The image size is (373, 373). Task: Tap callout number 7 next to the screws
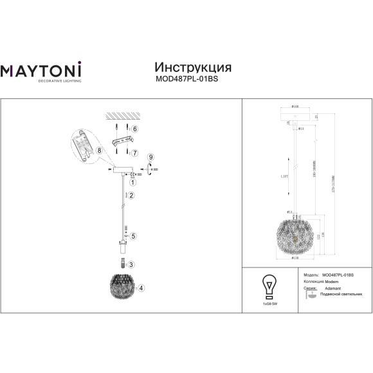pos(135,152)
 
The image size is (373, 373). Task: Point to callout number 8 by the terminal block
pos(99,150)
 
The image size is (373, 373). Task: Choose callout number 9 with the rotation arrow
pos(150,157)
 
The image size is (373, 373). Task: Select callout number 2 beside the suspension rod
pos(131,195)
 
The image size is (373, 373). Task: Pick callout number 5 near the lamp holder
pos(134,236)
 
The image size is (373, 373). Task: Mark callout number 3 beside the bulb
pos(131,264)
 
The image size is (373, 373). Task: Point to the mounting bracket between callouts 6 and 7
pos(123,141)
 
